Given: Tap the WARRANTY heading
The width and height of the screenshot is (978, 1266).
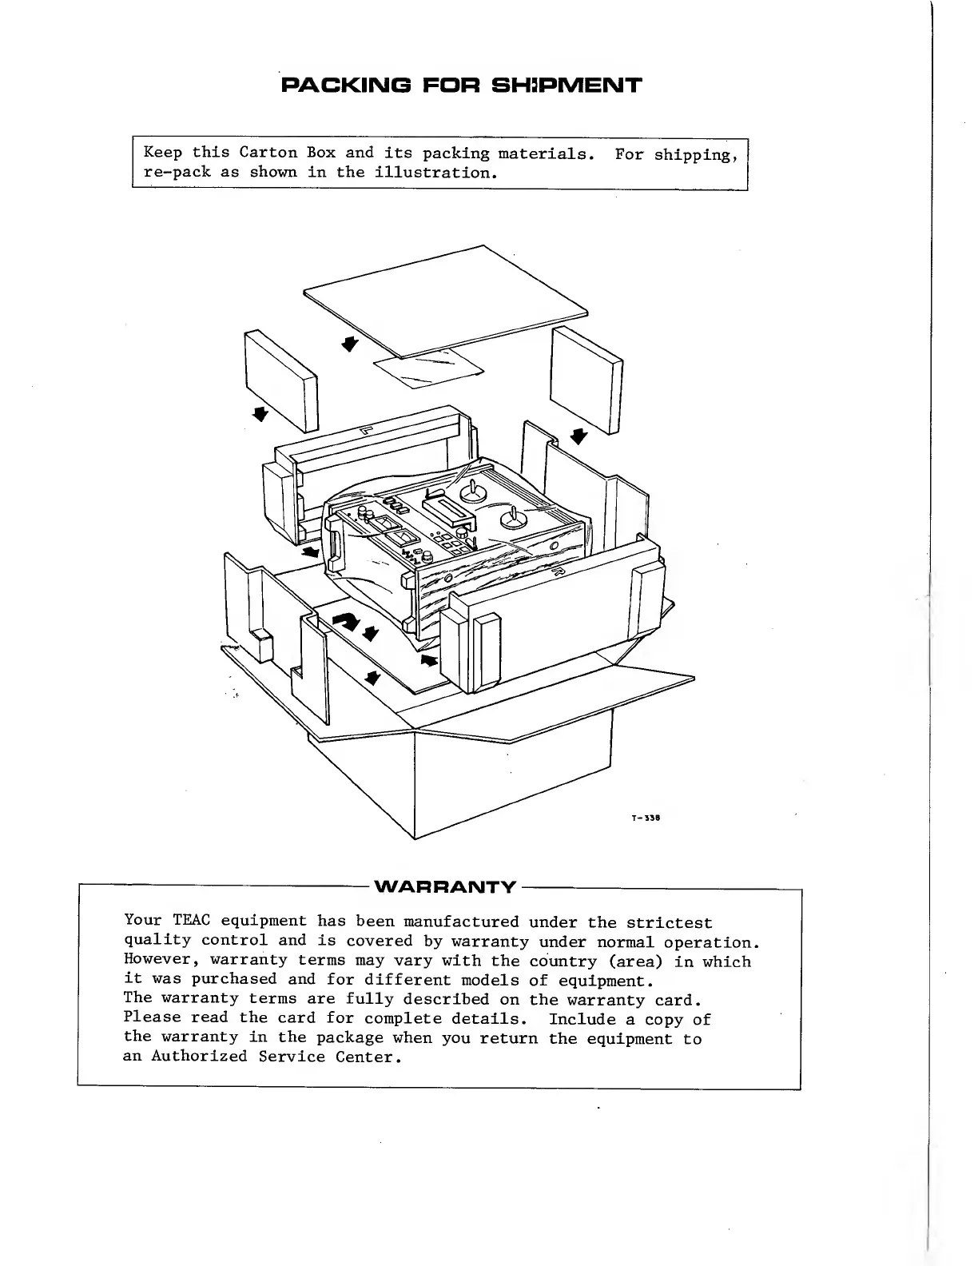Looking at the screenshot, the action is pos(445,887).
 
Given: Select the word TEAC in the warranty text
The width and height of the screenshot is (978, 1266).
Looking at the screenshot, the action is pos(192,922).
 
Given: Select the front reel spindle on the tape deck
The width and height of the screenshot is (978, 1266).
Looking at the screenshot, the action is pos(512,520).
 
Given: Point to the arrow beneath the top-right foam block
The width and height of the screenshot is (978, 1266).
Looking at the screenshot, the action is pos(579,436).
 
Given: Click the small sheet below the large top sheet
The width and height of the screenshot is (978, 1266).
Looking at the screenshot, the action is pos(429,368).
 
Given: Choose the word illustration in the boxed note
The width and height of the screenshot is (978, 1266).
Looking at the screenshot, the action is pos(432,172).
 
